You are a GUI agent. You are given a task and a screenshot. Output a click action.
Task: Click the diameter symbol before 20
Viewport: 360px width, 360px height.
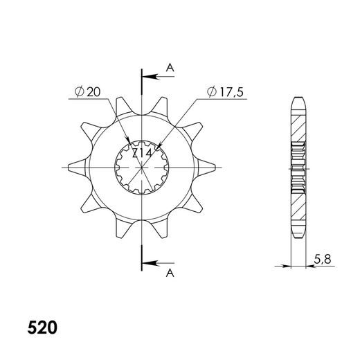78,91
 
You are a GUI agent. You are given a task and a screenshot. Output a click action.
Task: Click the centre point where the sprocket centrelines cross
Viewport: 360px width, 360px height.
143,167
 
